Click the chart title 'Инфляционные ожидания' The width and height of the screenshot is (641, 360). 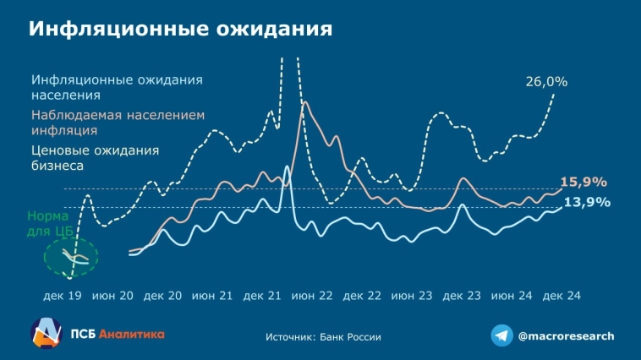[x=180, y=29]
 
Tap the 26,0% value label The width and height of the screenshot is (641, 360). [x=546, y=82]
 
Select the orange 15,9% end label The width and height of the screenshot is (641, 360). [x=583, y=182]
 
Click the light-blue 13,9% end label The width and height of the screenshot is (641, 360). [x=586, y=203]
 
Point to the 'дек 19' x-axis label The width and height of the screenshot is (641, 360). [x=63, y=297]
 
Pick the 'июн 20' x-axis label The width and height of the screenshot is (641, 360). [x=112, y=297]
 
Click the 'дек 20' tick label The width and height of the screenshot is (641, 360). [x=163, y=297]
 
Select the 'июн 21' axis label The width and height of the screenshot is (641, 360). [x=212, y=297]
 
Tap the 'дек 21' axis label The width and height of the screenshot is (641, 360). [x=262, y=297]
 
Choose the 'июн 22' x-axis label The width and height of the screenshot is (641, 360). [x=312, y=297]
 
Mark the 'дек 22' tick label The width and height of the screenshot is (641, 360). [x=362, y=297]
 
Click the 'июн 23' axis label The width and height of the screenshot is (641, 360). [x=412, y=297]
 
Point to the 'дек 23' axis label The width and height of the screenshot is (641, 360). [x=462, y=297]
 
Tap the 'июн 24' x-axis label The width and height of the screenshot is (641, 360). [x=511, y=297]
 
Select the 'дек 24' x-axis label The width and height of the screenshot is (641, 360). [x=561, y=297]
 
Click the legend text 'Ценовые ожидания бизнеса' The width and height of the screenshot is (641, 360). [x=95, y=158]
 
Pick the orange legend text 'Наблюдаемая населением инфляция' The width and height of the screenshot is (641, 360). [x=118, y=123]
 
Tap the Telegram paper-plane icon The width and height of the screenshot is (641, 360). [x=502, y=335]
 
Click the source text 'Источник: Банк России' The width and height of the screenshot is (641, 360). [x=323, y=336]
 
